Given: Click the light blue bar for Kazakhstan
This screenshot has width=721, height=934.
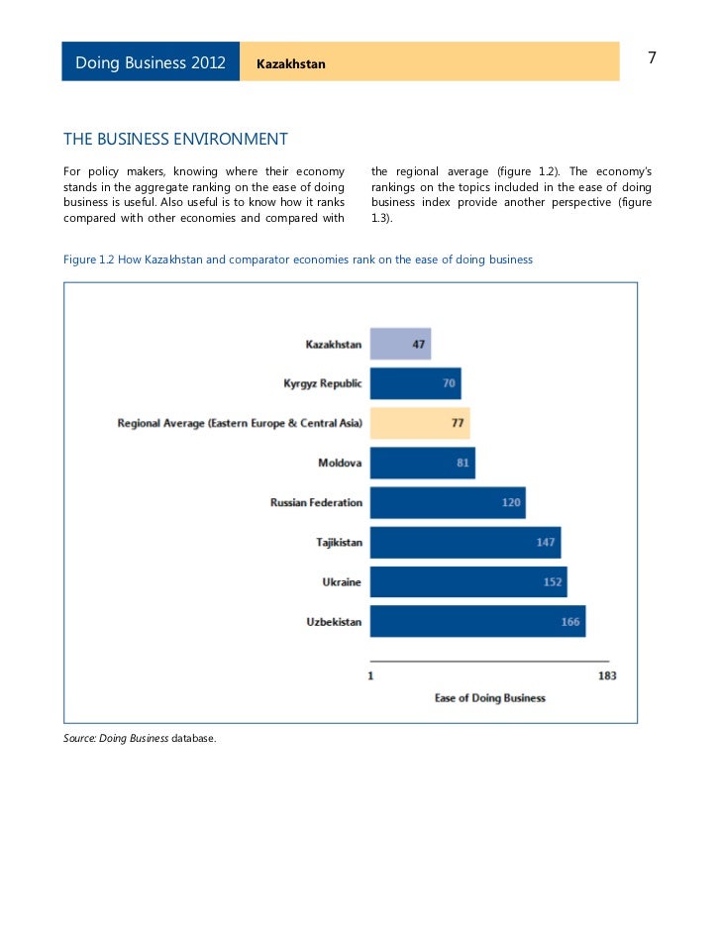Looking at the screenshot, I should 400,344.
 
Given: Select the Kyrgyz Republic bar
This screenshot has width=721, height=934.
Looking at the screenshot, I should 415,383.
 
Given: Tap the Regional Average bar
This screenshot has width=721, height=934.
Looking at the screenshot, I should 420,423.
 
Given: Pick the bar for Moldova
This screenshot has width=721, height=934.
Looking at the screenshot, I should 422,463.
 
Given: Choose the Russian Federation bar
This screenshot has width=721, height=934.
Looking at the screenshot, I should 447,502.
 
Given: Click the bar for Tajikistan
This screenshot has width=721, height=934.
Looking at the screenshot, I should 464,542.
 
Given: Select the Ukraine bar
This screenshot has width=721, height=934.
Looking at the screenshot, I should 467,581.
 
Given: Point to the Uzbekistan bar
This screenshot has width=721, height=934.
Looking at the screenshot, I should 477,622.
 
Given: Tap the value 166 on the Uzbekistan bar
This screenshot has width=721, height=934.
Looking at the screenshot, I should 570,622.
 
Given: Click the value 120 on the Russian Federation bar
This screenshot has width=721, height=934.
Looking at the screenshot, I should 511,502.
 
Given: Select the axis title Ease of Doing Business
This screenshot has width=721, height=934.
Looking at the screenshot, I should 489,698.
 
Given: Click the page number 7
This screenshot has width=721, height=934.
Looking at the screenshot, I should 652,58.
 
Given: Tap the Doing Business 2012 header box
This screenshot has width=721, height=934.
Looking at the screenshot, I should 151,62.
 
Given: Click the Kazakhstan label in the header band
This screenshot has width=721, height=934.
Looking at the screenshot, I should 290,64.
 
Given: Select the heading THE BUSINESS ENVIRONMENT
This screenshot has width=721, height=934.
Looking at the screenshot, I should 175,139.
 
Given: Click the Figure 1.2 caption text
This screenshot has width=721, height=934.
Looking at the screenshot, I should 297,259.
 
